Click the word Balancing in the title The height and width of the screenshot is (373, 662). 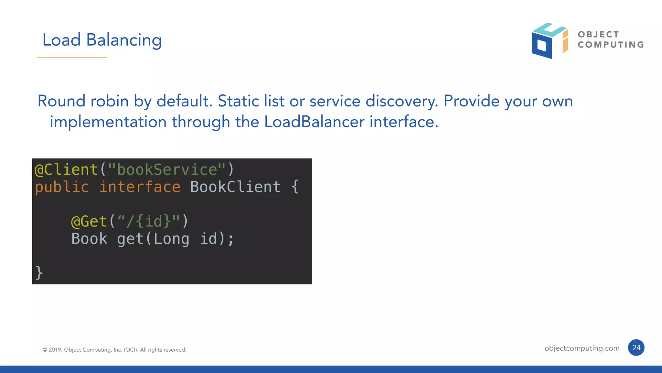[124, 40]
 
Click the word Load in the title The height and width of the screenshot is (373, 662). [61, 40]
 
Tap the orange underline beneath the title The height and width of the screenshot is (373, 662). [72, 58]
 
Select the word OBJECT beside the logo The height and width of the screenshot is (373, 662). [598, 34]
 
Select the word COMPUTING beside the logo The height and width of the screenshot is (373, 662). [611, 45]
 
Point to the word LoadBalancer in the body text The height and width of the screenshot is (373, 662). [314, 122]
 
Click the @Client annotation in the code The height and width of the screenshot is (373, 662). [66, 170]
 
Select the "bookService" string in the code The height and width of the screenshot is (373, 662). [166, 170]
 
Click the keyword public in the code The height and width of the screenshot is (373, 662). [62, 187]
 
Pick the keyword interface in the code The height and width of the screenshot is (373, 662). [140, 187]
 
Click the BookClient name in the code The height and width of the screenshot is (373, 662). [235, 187]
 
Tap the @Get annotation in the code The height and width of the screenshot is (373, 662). [89, 222]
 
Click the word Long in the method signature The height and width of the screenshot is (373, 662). [171, 239]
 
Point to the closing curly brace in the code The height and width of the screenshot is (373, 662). [39, 272]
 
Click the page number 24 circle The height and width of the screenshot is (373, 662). [636, 348]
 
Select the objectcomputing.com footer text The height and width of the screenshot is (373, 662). [582, 348]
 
